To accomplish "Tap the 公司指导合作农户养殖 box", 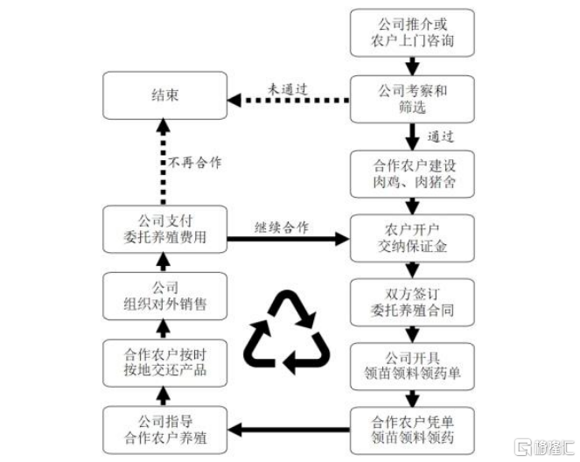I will coord(165,430).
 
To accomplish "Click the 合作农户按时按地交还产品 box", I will coord(165,365).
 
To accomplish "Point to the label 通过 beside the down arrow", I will coord(443,136).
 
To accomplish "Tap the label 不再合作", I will coord(193,163).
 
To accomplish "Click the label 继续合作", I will coord(283,227).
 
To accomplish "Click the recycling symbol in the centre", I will coord(289,330).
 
